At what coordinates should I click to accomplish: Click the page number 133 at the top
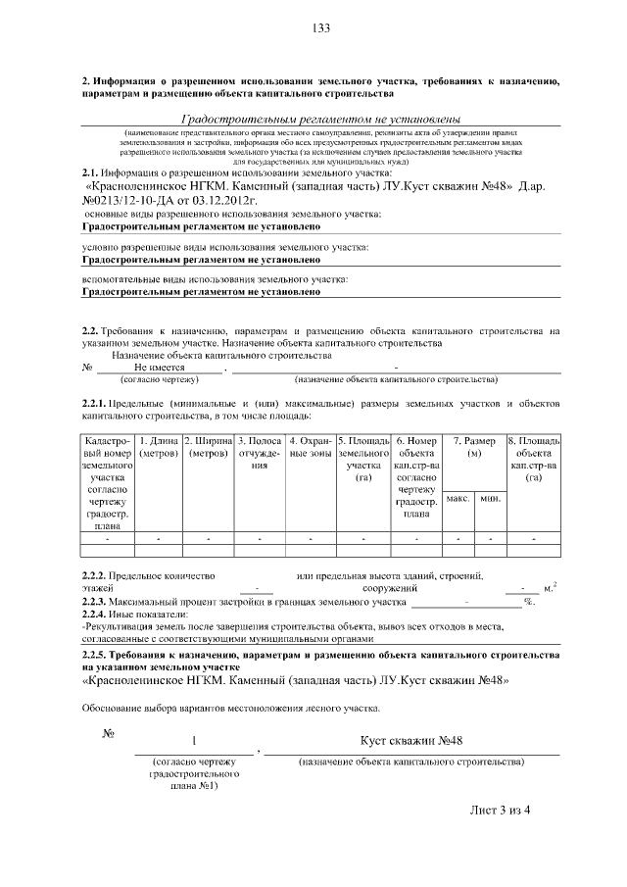pos(320,27)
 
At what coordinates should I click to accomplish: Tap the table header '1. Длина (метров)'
pos(158,448)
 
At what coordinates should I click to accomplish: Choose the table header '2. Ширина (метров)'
pos(209,448)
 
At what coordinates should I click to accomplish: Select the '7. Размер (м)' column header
pos(474,448)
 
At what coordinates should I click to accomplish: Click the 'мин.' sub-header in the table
pos(489,500)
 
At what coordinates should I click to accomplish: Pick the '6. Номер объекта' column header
pos(417,448)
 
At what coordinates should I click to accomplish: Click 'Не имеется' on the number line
pos(159,367)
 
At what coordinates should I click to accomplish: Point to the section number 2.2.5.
pos(96,653)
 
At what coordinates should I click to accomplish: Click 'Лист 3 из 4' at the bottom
pos(500,810)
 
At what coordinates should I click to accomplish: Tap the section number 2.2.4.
pos(96,614)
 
